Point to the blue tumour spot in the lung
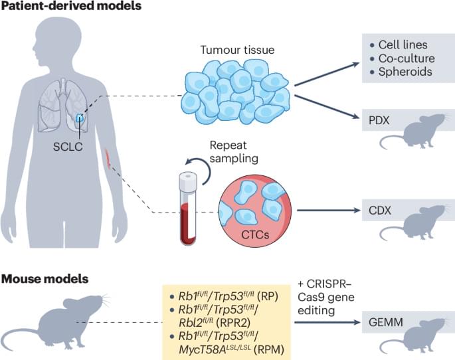[x=80, y=118]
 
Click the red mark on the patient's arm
[x=108, y=158]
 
